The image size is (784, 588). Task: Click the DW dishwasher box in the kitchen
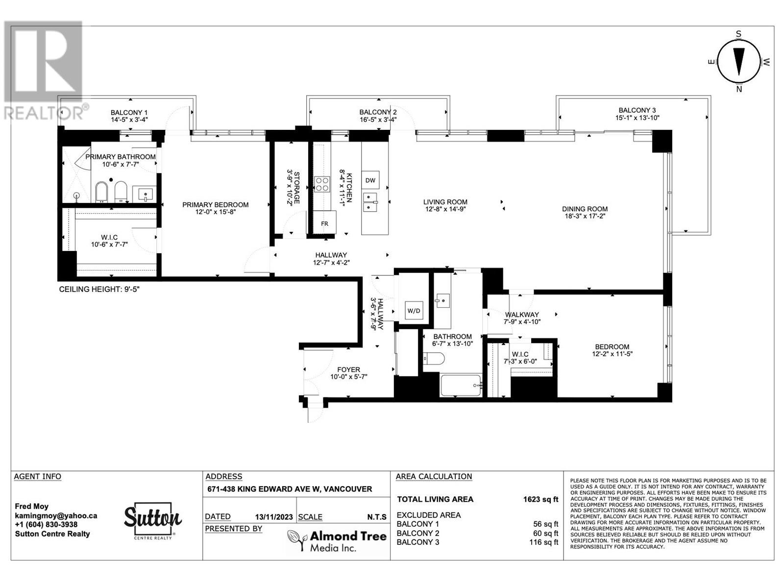coord(370,180)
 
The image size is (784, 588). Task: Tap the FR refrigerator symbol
coord(324,223)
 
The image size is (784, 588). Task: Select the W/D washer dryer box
coord(414,311)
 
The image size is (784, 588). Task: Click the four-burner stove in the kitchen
coord(322,184)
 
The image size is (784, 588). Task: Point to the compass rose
coord(738,62)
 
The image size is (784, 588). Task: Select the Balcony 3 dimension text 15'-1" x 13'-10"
coord(637,118)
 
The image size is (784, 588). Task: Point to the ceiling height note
coord(99,289)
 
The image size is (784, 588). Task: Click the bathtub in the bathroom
coord(461,385)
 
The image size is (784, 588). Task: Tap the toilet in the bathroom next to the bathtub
coord(434,359)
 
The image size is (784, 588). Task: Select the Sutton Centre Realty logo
coord(153,520)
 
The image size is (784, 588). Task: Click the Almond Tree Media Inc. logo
coord(337,540)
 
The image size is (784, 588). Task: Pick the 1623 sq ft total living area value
coord(541,499)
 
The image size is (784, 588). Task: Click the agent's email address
coord(56,515)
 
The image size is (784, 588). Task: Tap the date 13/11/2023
coord(273,517)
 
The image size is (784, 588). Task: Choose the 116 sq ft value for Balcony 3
coord(543,542)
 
